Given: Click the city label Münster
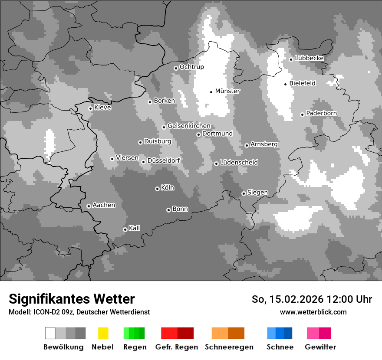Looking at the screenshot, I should click(227, 91).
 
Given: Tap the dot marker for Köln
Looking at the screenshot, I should click(157, 189).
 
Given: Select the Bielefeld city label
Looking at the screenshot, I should click(302, 83).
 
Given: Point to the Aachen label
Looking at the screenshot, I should click(104, 205).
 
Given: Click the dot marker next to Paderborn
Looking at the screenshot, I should click(302, 115).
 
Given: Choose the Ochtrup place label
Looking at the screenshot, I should click(191, 67).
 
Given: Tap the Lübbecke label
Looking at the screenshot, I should click(309, 58).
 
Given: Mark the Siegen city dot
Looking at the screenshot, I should click(244, 193).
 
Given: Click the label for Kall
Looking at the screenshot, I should click(134, 228).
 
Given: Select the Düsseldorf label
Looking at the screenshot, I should click(163, 160).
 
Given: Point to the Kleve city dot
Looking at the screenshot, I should click(90, 108).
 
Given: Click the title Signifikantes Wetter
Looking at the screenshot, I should click(72, 299).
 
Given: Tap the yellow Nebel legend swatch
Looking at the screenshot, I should click(103, 333).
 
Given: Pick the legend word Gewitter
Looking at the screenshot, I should click(320, 347).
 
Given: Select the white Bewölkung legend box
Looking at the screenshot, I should click(50, 333).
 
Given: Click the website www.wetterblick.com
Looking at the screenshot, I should click(313, 312).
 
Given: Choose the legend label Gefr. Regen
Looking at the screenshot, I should click(177, 347).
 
